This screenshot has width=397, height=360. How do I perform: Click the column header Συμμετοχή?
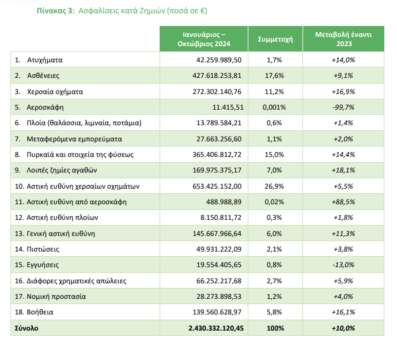click(275, 39)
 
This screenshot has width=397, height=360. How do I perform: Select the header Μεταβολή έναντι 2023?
click(343, 39)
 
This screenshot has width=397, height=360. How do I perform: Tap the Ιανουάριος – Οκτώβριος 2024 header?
click(204, 39)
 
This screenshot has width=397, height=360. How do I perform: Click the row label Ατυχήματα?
click(44, 60)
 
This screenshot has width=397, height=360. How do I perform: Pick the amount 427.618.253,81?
click(217, 76)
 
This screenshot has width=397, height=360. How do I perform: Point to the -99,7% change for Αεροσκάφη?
click(343, 107)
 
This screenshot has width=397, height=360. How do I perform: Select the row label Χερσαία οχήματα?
click(55, 92)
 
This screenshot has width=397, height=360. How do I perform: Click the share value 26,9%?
click(274, 186)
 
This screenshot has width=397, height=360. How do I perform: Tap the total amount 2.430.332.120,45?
click(216, 328)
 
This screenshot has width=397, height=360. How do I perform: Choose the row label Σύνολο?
click(27, 328)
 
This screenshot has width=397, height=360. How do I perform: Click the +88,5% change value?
click(343, 202)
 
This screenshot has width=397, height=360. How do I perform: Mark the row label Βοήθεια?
click(40, 312)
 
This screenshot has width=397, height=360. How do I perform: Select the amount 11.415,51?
click(228, 107)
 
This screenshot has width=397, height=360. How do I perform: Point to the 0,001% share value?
click(274, 107)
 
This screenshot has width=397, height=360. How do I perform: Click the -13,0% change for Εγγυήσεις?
click(343, 265)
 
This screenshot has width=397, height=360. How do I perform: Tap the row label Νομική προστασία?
click(56, 297)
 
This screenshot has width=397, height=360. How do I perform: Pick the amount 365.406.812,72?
click(217, 155)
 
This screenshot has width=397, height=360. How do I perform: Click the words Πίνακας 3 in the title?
click(56, 11)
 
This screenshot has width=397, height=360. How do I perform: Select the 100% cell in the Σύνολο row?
click(275, 328)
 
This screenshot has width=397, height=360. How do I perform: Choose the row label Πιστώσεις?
click(43, 249)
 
